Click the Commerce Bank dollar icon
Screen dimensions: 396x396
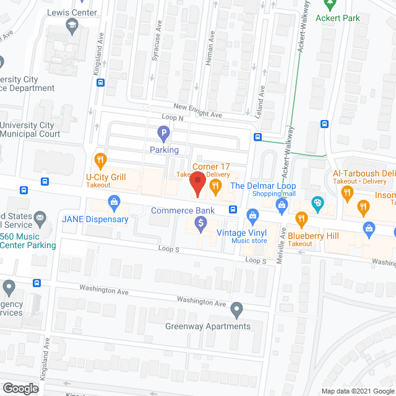[200, 224]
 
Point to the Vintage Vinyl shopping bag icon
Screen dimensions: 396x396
[252, 216]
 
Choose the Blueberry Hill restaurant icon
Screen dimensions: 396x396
[301, 218]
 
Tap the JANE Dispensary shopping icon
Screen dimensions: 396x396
[114, 202]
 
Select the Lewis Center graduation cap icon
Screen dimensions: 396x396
[72, 27]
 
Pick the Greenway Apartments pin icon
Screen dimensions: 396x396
[236, 309]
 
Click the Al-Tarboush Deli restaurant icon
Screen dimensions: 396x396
[347, 192]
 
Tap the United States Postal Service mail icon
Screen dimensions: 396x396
[41, 218]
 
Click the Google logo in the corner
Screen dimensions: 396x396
[20, 388]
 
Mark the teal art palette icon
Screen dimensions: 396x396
[317, 202]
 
